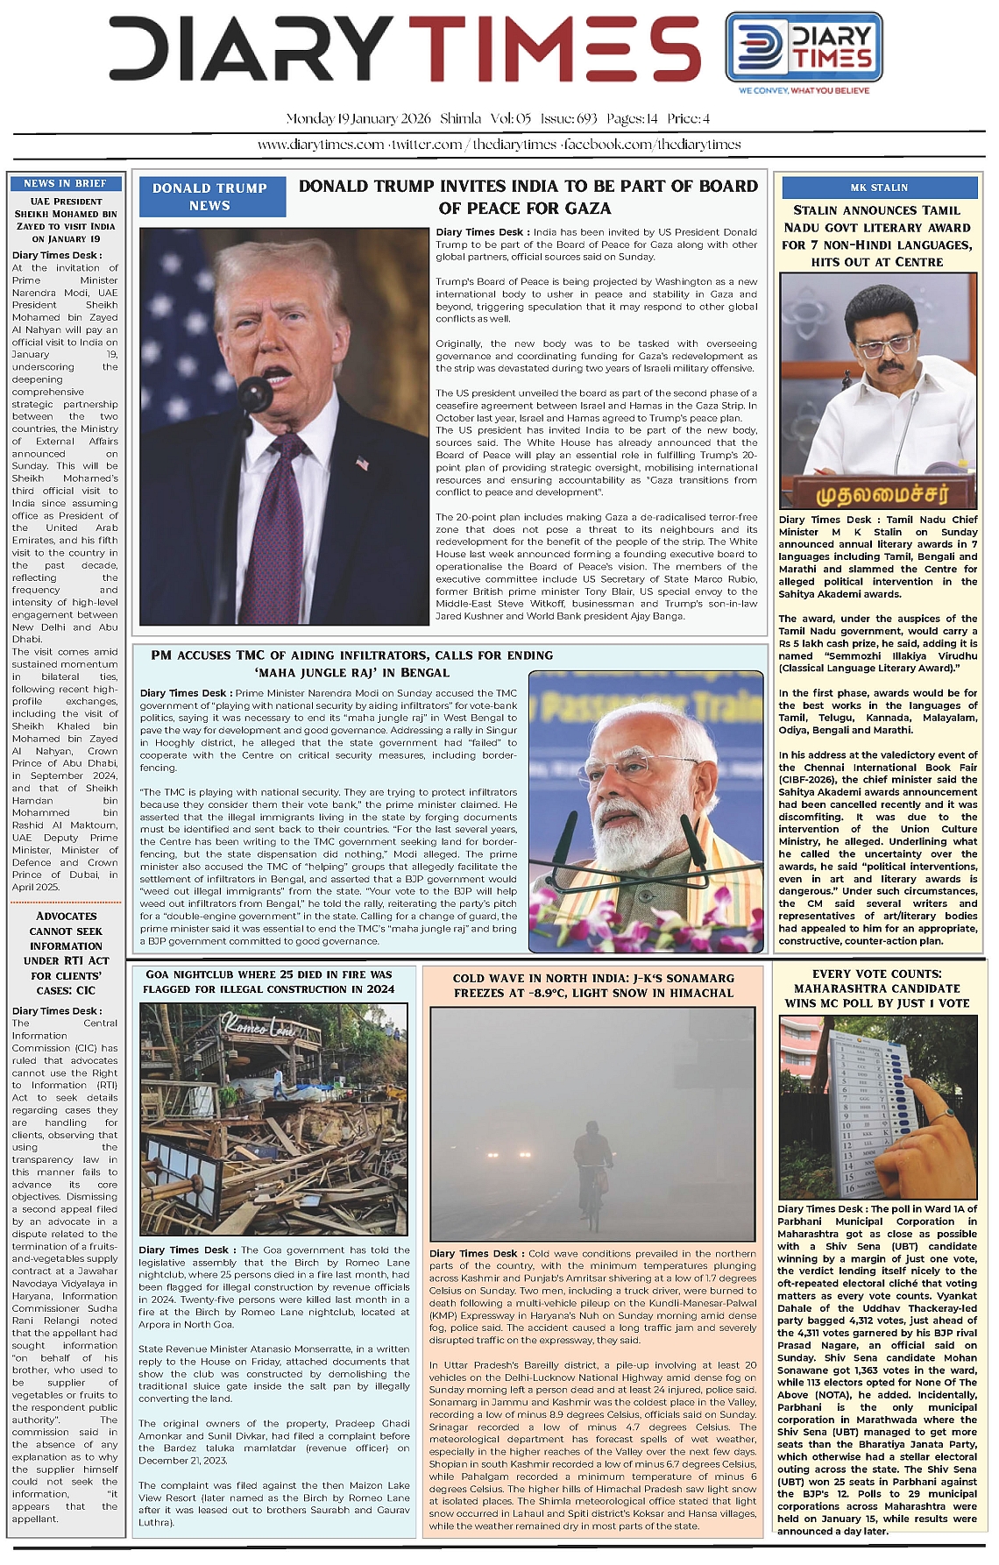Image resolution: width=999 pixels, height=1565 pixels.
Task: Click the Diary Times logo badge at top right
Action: click(x=800, y=47)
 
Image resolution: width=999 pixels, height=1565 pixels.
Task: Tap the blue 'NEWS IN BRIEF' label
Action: click(x=66, y=183)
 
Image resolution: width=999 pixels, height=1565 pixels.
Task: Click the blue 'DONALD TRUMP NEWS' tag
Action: click(x=209, y=196)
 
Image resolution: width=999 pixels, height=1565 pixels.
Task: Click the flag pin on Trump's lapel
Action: click(x=363, y=464)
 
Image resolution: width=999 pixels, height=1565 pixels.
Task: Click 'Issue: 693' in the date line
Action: click(x=569, y=118)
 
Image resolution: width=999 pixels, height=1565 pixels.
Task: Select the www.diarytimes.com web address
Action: click(x=320, y=145)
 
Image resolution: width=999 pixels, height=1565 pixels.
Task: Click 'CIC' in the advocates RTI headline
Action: click(x=86, y=990)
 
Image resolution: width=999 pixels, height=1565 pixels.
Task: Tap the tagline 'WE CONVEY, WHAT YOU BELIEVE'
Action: click(x=804, y=90)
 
